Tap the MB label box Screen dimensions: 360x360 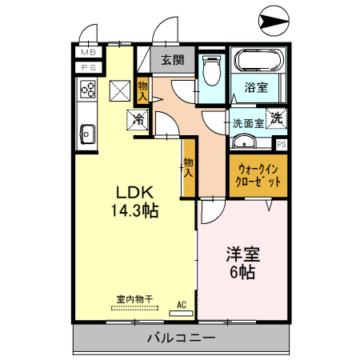(x=87, y=52)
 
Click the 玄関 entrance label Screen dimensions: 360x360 (x=171, y=59)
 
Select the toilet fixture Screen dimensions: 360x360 (x=211, y=73)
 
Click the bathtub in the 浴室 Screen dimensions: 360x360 (x=257, y=61)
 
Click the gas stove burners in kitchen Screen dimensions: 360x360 (x=86, y=90)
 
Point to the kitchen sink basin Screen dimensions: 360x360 (x=87, y=134)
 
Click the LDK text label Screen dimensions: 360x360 (x=134, y=193)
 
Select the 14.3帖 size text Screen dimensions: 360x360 (x=134, y=212)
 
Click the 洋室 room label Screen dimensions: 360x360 (x=242, y=254)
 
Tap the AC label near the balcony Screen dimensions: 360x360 (x=182, y=304)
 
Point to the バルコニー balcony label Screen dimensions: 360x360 (x=180, y=338)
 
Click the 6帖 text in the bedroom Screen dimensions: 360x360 (x=242, y=273)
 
